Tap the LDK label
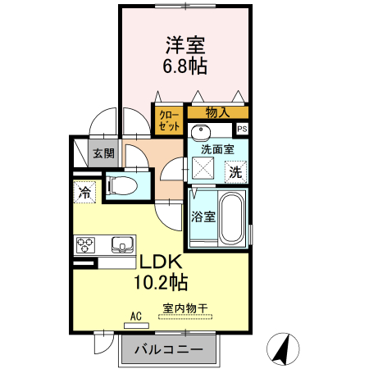(161, 262)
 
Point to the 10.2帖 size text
(161, 283)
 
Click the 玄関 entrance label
(103, 153)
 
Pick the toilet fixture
(121, 184)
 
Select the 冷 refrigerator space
(84, 193)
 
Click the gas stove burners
(87, 244)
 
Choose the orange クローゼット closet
(168, 121)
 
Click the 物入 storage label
(217, 112)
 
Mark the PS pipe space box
(242, 129)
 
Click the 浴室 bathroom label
(203, 217)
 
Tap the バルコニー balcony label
(172, 350)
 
